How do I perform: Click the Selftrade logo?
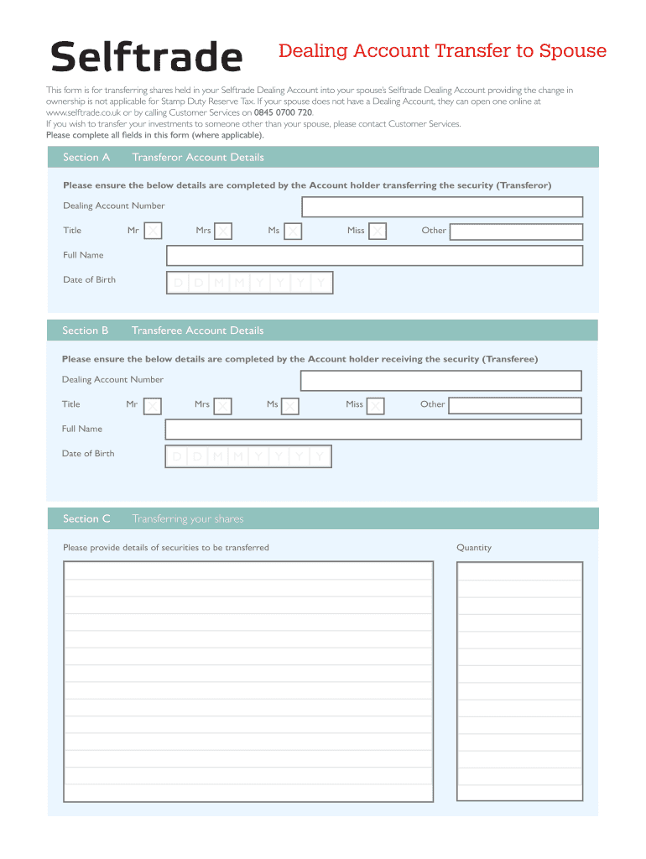(147, 57)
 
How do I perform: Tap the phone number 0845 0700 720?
(284, 112)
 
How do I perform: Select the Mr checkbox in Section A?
(153, 231)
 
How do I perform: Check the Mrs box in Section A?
(222, 231)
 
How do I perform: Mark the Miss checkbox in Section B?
(375, 406)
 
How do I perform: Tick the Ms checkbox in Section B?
(290, 406)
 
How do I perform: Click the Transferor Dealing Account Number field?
(442, 206)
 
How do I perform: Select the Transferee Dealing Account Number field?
(440, 380)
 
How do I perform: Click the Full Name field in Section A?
(374, 255)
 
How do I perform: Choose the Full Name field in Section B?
(373, 429)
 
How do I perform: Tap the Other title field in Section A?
(515, 231)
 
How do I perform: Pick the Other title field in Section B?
(514, 405)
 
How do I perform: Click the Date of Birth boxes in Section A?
(250, 283)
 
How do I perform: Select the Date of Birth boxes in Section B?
(249, 456)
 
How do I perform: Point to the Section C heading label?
(86, 518)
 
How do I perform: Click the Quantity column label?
(474, 548)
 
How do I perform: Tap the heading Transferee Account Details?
(197, 331)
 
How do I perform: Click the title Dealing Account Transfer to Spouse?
(442, 51)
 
